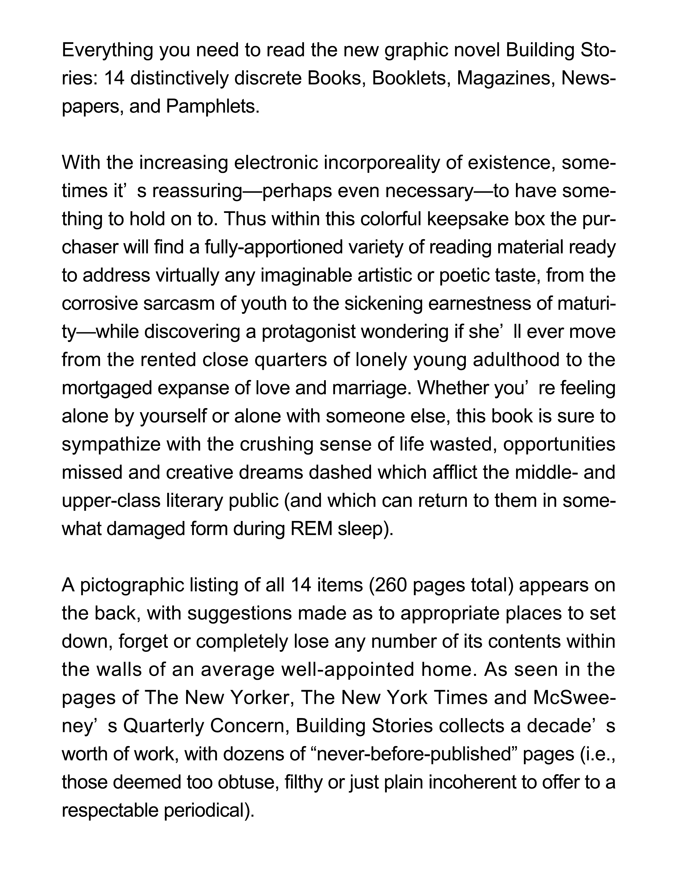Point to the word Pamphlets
[212, 107]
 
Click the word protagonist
[308, 332]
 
